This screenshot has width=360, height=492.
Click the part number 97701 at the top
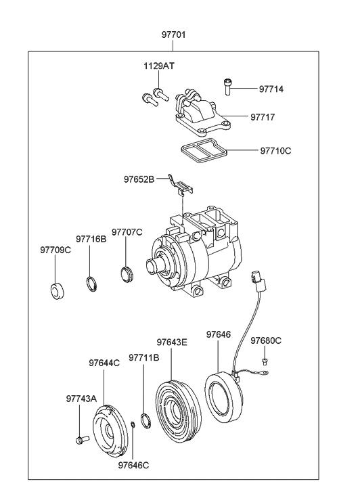coord(173,35)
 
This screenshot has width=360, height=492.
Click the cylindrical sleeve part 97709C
coord(55,290)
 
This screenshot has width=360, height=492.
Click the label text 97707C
coord(127,232)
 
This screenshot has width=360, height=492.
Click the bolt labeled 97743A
coord(81,441)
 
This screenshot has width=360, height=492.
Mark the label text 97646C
coord(133,465)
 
